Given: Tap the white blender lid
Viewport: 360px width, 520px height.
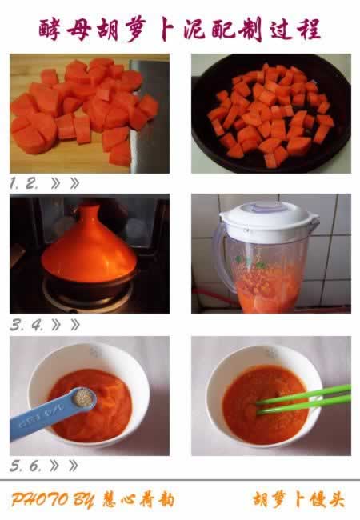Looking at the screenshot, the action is pos(269,220).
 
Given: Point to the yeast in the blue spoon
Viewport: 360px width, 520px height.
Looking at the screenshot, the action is pos(83,397).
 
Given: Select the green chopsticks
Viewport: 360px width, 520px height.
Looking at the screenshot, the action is pos(303,399).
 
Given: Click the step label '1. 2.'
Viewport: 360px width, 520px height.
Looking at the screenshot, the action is pos(23,183).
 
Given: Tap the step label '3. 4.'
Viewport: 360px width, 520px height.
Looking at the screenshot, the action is pos(26,325).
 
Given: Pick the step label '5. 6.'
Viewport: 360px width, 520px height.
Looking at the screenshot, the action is pos(25,466).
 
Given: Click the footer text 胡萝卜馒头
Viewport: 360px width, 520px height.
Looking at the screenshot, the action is pos(298,500).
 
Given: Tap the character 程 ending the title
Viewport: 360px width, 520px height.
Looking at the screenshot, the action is pos(309,29).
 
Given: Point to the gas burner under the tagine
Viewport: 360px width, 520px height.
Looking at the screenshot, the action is pos(89,297).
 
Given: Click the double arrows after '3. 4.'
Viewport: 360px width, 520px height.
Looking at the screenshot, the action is pos(66,325).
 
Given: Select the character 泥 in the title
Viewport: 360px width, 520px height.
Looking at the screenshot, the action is pos(195,29).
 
